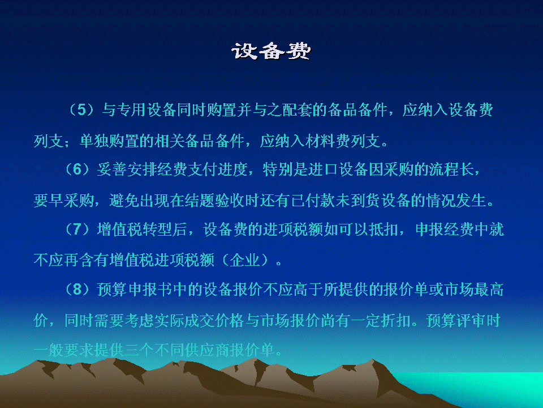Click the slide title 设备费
coord(271,51)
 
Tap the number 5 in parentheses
coord(81,109)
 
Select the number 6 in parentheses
coord(77,169)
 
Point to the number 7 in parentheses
coord(77,229)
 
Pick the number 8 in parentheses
coord(77,290)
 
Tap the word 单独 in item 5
coord(94,141)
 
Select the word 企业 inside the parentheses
coord(244,260)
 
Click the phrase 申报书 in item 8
coord(149,290)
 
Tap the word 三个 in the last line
coord(139,350)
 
